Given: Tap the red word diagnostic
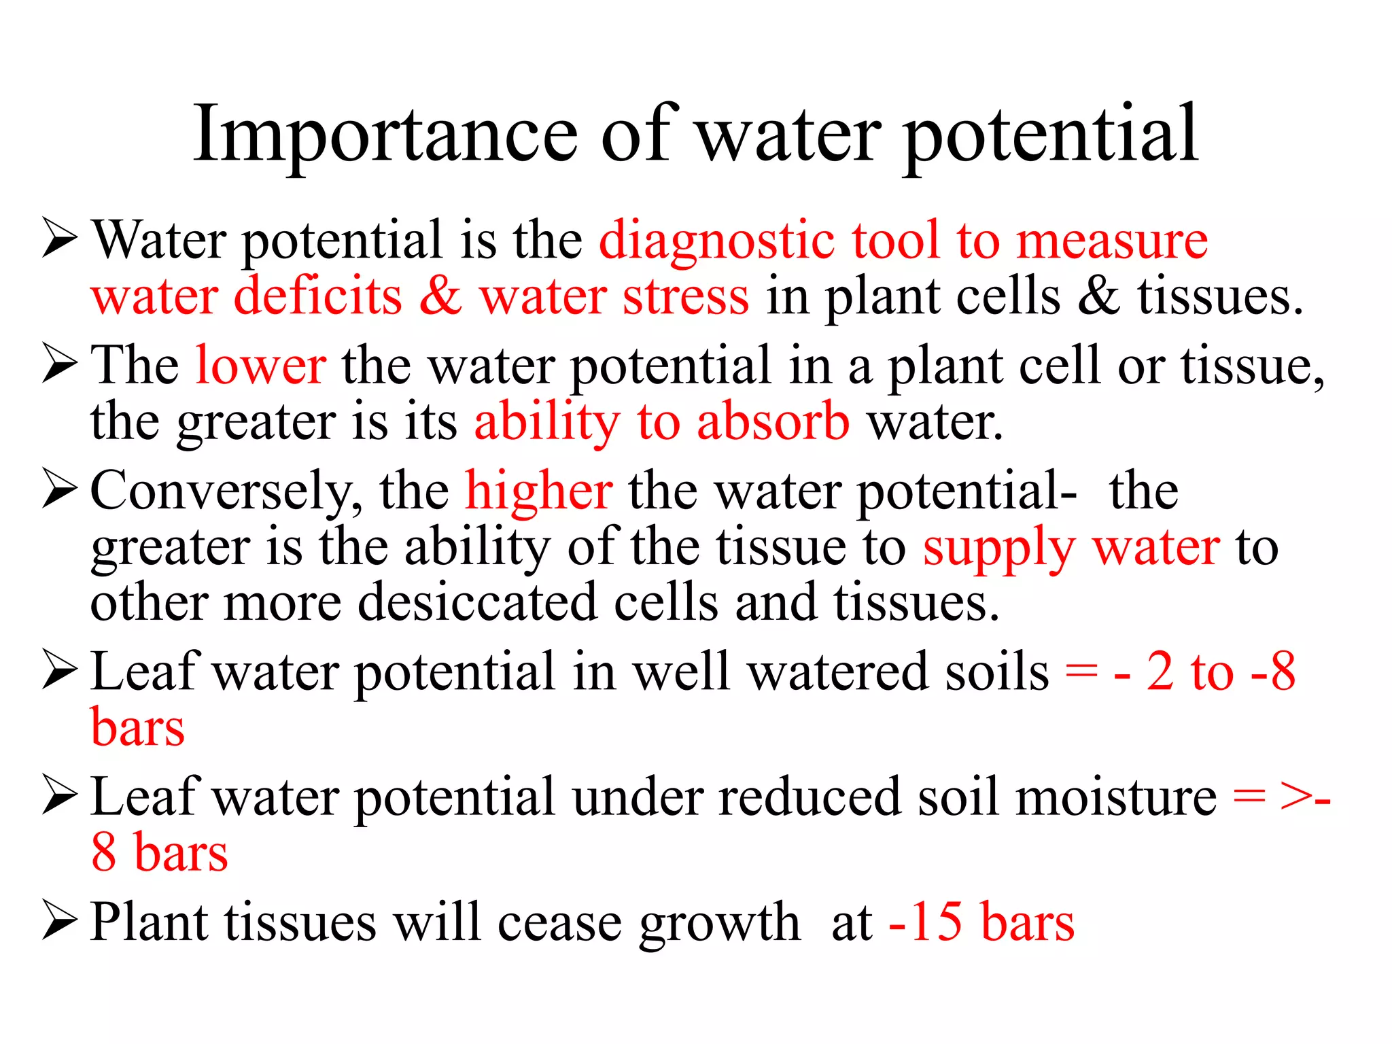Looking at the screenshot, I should [x=716, y=242].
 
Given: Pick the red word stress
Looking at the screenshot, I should [x=686, y=298].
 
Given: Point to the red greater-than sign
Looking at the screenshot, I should [x=1295, y=798].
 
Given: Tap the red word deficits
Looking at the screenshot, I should [x=318, y=298].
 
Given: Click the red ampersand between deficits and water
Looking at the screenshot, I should [x=440, y=298].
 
